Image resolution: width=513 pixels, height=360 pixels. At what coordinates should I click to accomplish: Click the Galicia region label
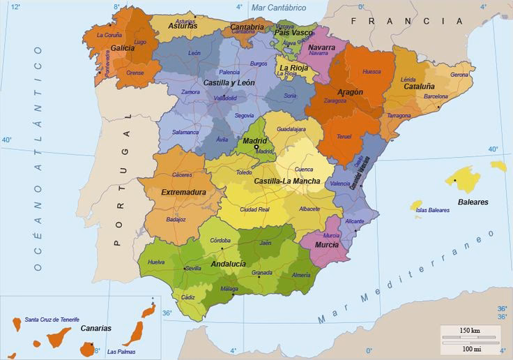pyautogui.click(x=122, y=48)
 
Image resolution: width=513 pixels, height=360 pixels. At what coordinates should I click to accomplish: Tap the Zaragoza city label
pyautogui.click(x=335, y=100)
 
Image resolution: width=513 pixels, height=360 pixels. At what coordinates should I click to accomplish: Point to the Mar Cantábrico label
pyautogui.click(x=278, y=8)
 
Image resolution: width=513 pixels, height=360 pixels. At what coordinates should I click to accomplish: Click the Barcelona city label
pyautogui.click(x=436, y=96)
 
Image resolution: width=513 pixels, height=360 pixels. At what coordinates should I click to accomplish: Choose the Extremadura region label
pyautogui.click(x=183, y=192)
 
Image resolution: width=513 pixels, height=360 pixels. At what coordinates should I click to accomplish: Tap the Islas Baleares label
pyautogui.click(x=432, y=209)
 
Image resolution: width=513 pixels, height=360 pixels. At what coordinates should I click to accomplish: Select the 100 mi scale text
pyautogui.click(x=473, y=348)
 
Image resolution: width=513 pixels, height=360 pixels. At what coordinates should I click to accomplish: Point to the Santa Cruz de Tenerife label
pyautogui.click(x=52, y=319)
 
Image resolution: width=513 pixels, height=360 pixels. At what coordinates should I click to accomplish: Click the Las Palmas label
pyautogui.click(x=121, y=351)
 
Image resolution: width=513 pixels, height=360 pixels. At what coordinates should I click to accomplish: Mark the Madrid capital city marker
pyautogui.click(x=256, y=147)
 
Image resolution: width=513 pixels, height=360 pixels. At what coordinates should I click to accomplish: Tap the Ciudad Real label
pyautogui.click(x=254, y=209)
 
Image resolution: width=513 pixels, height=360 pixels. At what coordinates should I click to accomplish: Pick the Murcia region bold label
pyautogui.click(x=327, y=245)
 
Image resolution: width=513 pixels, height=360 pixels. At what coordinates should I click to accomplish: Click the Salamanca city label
pyautogui.click(x=185, y=132)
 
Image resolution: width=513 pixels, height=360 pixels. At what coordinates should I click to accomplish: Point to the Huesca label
pyautogui.click(x=372, y=71)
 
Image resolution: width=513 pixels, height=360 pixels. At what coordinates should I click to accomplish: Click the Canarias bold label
pyautogui.click(x=95, y=328)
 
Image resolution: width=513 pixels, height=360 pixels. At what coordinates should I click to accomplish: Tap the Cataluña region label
pyautogui.click(x=420, y=87)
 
